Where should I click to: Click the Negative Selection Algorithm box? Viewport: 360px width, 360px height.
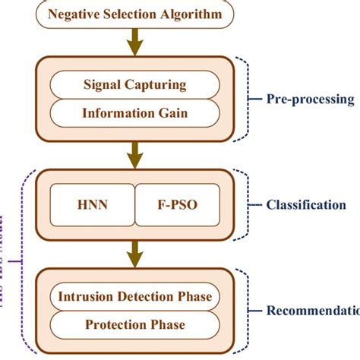click(135, 15)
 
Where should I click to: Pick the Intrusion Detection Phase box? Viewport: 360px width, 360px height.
click(135, 295)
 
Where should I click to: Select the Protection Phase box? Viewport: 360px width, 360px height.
click(135, 326)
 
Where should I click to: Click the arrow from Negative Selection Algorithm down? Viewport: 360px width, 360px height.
click(135, 42)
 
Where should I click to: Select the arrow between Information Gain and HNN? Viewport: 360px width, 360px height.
click(135, 156)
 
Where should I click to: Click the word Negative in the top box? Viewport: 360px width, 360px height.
click(75, 15)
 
